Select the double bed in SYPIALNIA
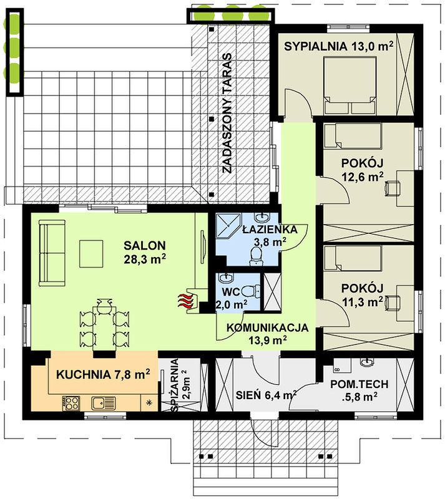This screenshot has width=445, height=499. pyautogui.click(x=350, y=85)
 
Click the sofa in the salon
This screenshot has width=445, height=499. pyautogui.click(x=52, y=253)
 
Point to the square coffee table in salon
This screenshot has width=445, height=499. pyautogui.click(x=91, y=254)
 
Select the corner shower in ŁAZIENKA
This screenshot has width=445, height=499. pyautogui.click(x=228, y=225)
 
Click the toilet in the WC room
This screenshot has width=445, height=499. pyautogui.click(x=251, y=291)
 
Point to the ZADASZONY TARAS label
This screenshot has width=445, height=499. pyautogui.click(x=227, y=113)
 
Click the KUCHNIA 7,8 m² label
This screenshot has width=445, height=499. pyautogui.click(x=103, y=374)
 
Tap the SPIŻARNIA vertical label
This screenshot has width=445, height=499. pyautogui.click(x=179, y=385)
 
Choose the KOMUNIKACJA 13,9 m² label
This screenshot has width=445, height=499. pyautogui.click(x=267, y=334)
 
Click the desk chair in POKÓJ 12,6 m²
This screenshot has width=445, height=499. pyautogui.click(x=392, y=188)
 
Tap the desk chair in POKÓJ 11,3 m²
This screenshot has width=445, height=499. pyautogui.click(x=392, y=302)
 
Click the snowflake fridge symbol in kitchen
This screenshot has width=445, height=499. pyautogui.click(x=149, y=402)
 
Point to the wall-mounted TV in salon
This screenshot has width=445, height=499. pyautogui.click(x=203, y=246)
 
